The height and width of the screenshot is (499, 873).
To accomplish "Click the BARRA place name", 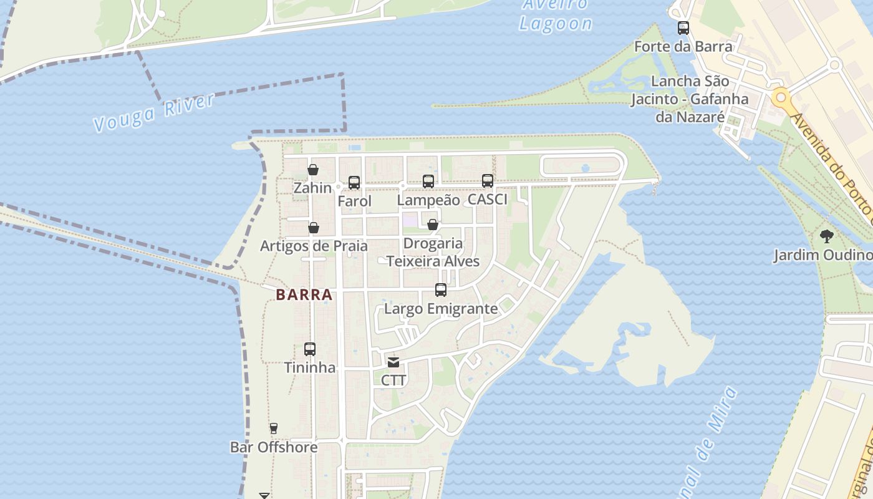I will click(x=304, y=295).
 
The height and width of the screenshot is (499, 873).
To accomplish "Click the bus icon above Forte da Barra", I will click(x=683, y=28).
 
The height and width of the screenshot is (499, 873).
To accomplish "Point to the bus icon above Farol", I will click(x=354, y=183).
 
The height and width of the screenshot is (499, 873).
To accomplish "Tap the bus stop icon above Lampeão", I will click(x=428, y=182).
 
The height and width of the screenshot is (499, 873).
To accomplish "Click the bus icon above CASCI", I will click(x=488, y=181).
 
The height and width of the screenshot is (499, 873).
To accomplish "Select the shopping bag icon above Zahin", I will click(x=313, y=170).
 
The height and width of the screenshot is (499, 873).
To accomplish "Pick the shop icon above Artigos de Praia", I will click(x=314, y=228).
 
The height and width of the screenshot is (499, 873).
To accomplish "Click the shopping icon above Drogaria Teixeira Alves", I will click(x=433, y=225).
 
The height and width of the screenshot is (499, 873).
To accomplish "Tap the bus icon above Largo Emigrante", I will click(x=441, y=290).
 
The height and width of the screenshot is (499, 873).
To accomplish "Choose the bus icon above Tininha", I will click(x=310, y=349).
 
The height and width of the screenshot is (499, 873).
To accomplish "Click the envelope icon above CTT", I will click(x=393, y=362).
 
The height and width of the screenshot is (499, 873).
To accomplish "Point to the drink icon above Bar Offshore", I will click(x=273, y=429).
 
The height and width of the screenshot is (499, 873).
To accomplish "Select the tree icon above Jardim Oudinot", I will click(x=827, y=236).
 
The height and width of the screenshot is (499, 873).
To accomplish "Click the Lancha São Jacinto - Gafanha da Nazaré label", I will click(x=689, y=99).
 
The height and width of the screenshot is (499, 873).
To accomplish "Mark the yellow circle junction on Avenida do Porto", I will click(x=780, y=98).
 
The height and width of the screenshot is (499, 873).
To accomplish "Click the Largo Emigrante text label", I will click(x=441, y=309).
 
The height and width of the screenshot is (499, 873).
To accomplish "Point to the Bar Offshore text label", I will click(x=274, y=447).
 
